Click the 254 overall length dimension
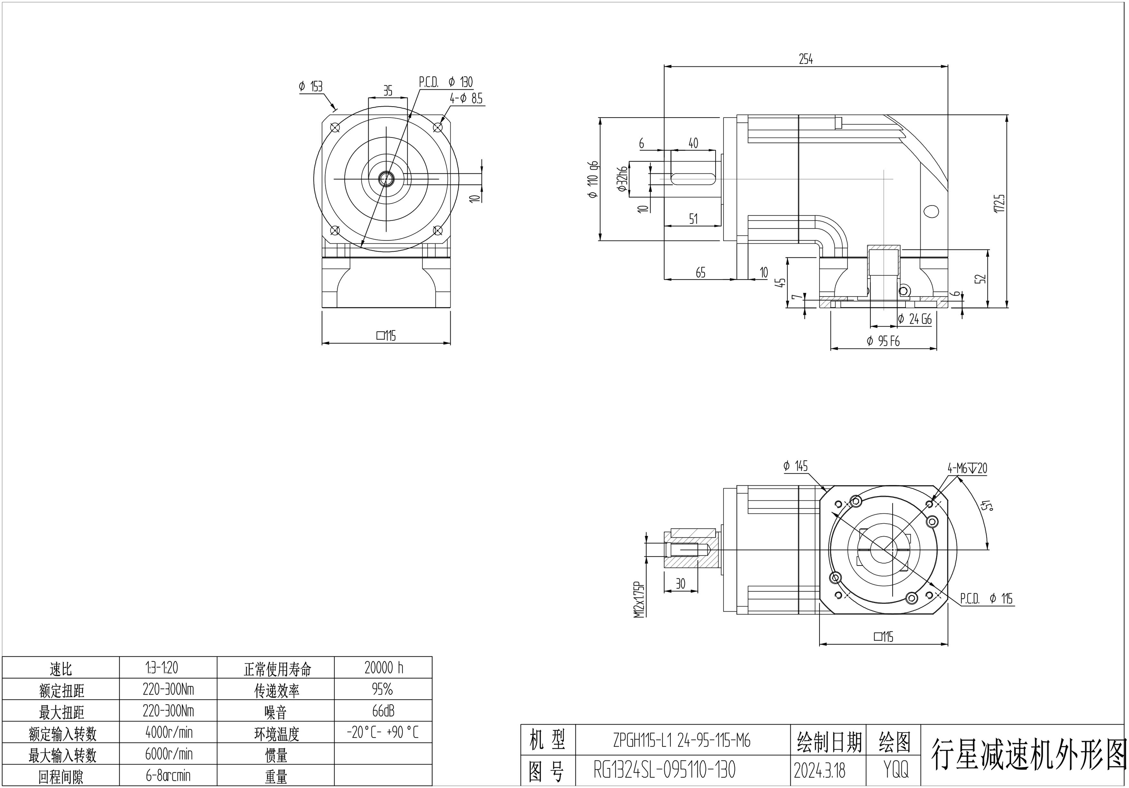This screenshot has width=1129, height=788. tap(805, 60)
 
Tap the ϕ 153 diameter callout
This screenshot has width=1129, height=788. tap(311, 87)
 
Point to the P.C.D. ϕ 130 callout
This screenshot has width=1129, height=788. tap(445, 82)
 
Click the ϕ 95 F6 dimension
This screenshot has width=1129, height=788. tap(883, 341)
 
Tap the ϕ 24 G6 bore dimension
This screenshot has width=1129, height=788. tap(915, 319)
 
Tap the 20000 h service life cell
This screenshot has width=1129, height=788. tap(383, 668)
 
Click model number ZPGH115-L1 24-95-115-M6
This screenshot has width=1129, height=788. tap(681, 740)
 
